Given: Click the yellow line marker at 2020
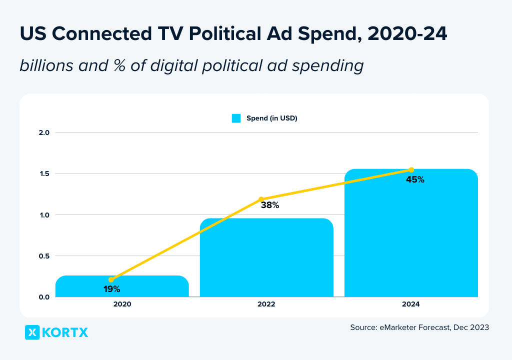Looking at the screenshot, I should [x=111, y=279].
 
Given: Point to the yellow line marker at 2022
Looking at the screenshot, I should [x=261, y=199].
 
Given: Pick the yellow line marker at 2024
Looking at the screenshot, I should [x=411, y=170].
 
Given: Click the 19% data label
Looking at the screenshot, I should [x=111, y=289].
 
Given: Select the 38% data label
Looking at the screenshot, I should [x=269, y=204].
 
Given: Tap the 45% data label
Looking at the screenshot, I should [x=415, y=179].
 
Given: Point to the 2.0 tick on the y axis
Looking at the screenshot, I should [x=44, y=133].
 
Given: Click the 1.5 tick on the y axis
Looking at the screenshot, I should [x=44, y=174].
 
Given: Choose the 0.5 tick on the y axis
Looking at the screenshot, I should [x=44, y=256].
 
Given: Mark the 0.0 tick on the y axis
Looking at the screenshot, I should [x=44, y=297].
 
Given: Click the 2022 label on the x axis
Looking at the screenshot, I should [x=266, y=304].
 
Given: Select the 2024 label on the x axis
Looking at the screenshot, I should [x=411, y=304].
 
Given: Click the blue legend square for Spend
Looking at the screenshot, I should [x=236, y=118].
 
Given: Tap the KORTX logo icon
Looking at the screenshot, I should [x=32, y=332].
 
